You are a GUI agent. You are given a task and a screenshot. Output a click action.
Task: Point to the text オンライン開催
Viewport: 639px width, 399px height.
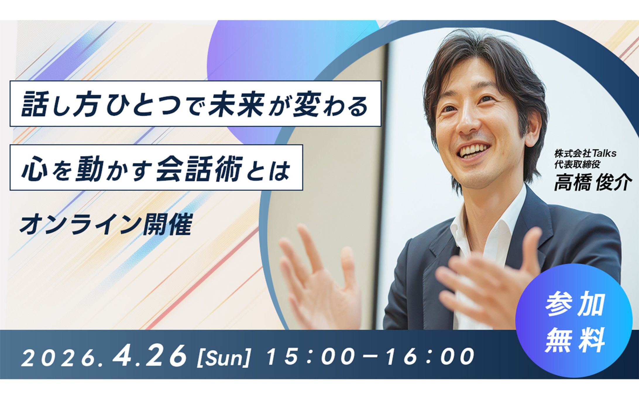tap(106, 225)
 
